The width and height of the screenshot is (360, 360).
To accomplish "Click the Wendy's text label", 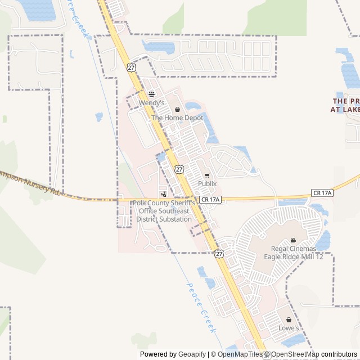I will pos(151,103).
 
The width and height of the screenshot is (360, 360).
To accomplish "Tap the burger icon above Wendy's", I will pos(151,94).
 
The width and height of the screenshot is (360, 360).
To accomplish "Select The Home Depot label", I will pos(177,118).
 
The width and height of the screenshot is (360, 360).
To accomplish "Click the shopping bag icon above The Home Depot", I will pos(178,109).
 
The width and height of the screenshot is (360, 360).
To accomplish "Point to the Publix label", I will pos(207,184).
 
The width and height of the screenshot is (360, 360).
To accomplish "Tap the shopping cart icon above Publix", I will pos(207,175).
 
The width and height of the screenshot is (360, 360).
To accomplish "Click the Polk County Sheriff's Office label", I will pos(164,211).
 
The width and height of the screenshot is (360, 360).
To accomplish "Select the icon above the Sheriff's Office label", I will pos(164,194).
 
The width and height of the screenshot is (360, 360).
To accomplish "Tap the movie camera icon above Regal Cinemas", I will pos(293,240).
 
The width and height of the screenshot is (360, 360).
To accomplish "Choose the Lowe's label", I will pos(289,328).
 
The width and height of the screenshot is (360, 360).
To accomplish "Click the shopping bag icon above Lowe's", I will pos(289,319).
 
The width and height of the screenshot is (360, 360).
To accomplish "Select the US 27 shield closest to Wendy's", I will pos(131,67).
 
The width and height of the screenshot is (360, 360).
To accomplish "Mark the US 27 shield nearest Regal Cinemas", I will pos(219,254).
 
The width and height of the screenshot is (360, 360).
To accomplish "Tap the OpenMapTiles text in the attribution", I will pos(240,354).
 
